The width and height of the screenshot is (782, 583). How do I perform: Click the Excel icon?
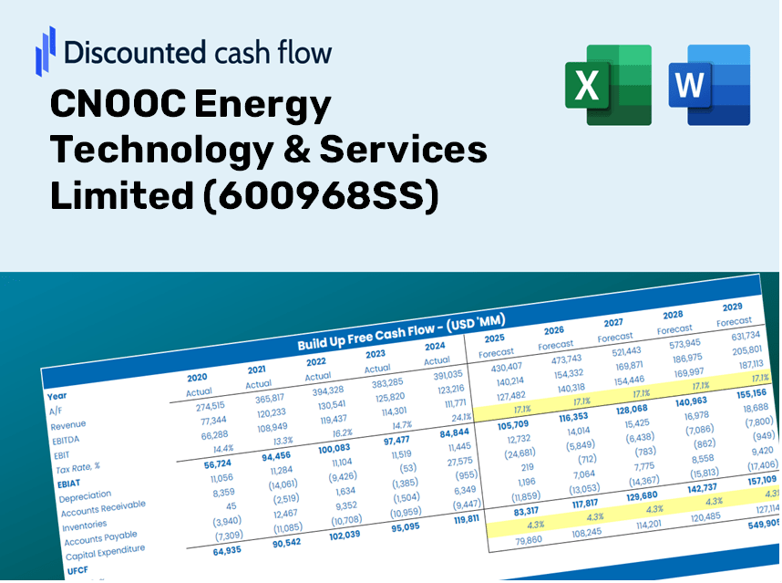click(608, 85)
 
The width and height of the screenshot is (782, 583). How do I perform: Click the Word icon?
click(708, 85)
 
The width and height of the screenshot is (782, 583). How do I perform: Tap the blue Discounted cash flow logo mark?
click(45, 50)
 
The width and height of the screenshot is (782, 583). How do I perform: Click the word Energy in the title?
click(264, 108)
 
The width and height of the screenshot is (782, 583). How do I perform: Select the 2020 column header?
click(197, 377)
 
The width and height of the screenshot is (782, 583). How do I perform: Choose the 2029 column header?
click(732, 307)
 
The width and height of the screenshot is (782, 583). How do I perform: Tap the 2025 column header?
click(494, 338)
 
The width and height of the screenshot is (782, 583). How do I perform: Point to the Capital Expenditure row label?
click(104, 551)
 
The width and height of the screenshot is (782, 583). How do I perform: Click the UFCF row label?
click(77, 570)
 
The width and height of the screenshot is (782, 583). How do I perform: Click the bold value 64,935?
click(227, 550)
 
